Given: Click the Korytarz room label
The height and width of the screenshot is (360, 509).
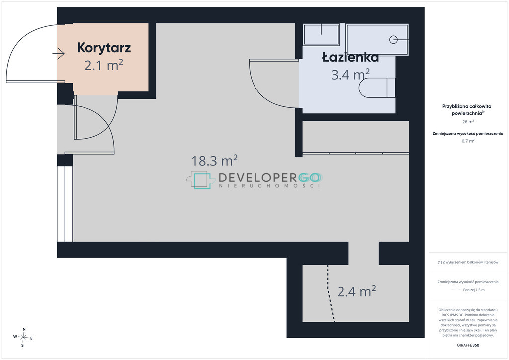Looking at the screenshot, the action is (104, 48).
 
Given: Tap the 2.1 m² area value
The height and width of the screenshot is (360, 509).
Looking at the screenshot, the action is (104, 65).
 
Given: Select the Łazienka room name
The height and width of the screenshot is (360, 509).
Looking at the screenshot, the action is (350, 57).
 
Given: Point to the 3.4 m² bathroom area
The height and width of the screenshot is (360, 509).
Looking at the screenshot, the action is (350, 75).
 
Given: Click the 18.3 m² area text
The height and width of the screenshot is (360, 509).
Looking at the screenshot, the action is (214, 161).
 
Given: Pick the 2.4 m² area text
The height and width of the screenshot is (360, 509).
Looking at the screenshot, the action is (357, 291).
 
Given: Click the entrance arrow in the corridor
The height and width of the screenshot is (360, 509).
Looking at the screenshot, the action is (59, 54).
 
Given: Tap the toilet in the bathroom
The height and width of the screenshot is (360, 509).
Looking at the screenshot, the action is (377, 88).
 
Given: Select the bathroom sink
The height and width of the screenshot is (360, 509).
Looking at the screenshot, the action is (321, 34).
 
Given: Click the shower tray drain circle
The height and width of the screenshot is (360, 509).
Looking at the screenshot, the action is (393, 40).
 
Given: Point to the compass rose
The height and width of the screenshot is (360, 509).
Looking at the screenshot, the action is (23, 337).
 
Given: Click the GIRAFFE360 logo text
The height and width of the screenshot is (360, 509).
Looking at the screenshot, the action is (468, 345).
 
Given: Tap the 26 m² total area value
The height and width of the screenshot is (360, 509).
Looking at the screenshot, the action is (468, 122).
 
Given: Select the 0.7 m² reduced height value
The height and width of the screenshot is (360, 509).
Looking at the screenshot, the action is (468, 141).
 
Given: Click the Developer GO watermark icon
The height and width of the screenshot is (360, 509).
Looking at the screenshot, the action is (201, 180).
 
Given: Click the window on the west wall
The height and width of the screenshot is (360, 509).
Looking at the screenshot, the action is (65, 203).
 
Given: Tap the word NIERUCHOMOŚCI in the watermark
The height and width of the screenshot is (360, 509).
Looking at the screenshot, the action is (270, 186).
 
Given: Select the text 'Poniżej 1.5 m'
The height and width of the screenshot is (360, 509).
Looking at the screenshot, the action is (474, 290).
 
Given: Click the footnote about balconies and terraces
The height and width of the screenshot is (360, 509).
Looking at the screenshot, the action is (468, 262).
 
